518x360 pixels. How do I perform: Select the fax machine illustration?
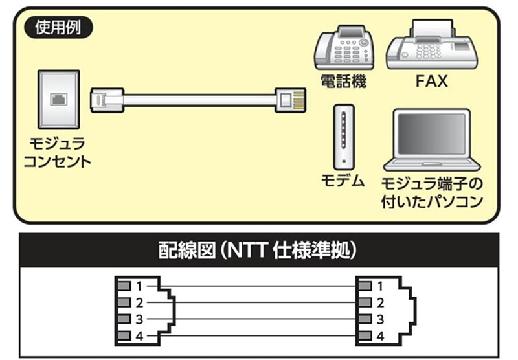tap(433, 45)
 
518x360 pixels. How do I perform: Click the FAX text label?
tap(432, 82)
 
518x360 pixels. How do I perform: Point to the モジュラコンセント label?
tap(56, 151)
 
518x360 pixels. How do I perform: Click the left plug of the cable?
tap(107, 100)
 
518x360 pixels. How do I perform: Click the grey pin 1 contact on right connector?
tap(365, 286)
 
